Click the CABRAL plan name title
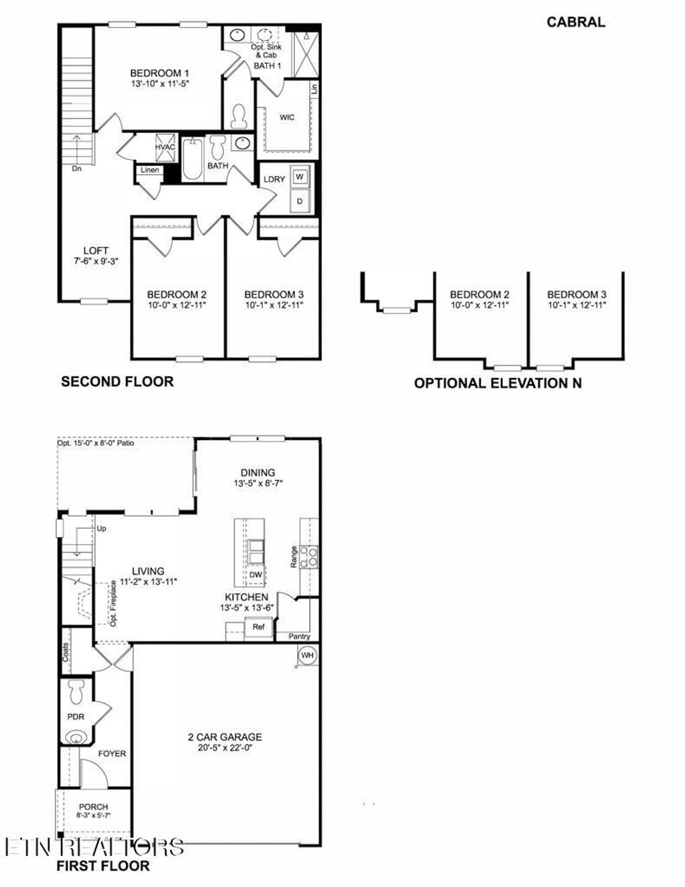[x=575, y=22]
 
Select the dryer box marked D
[x=300, y=201]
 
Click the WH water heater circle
[x=307, y=656]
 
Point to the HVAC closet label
[x=165, y=147]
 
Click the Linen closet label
[x=150, y=170]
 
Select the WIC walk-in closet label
[x=287, y=118]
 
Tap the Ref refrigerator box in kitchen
[x=258, y=627]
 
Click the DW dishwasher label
[x=256, y=575]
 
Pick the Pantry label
[x=299, y=637]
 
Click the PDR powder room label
[x=76, y=716]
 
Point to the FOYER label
[x=112, y=754]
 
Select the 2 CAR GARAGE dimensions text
[x=224, y=748]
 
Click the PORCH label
[x=93, y=807]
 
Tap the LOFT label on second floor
[x=96, y=251]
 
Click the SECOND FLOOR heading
[x=117, y=382]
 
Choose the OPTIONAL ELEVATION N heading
[x=498, y=383]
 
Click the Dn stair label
[x=77, y=169]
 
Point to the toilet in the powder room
[x=76, y=692]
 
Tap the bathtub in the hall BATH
[x=193, y=159]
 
